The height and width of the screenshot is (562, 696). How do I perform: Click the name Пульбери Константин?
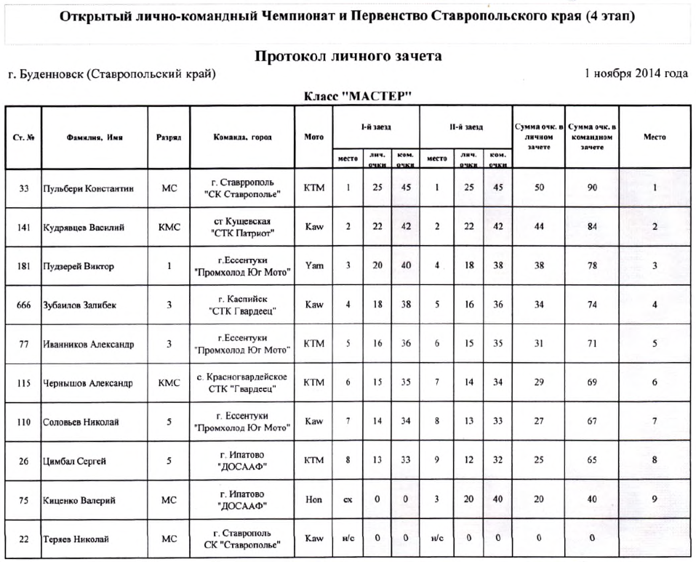pyautogui.click(x=88, y=188)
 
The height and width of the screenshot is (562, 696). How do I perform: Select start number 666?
pyautogui.click(x=23, y=305)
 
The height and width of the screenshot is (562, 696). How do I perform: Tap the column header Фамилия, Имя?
pyautogui.click(x=94, y=137)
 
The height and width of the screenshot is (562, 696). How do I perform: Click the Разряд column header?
pyautogui.click(x=169, y=137)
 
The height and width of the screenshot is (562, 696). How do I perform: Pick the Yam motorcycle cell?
pyautogui.click(x=313, y=266)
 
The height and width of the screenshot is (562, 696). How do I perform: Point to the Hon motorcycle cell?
pyautogui.click(x=313, y=500)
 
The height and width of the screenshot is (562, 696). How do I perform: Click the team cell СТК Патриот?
pyautogui.click(x=242, y=227)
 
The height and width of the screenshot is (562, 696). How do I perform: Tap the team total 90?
pyautogui.click(x=593, y=188)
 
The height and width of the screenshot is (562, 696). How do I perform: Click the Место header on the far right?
pyautogui.click(x=655, y=137)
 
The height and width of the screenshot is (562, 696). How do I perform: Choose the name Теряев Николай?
pyautogui.click(x=76, y=539)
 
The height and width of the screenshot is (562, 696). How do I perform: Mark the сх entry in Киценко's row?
pyautogui.click(x=348, y=500)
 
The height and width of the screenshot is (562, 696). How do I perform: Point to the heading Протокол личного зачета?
pyautogui.click(x=348, y=56)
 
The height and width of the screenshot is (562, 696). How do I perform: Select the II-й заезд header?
pyautogui.click(x=464, y=127)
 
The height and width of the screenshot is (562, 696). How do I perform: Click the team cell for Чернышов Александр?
pyautogui.click(x=242, y=383)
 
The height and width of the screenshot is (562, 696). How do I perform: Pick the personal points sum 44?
pyautogui.click(x=538, y=227)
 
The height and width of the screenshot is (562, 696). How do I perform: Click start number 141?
pyautogui.click(x=23, y=227)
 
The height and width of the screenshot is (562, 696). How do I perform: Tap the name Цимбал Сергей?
pyautogui.click(x=75, y=461)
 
